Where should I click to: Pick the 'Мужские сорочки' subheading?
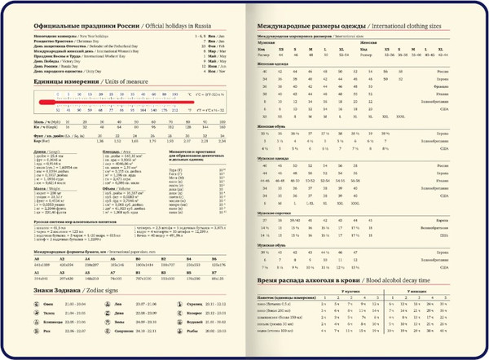(x=273, y=213)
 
